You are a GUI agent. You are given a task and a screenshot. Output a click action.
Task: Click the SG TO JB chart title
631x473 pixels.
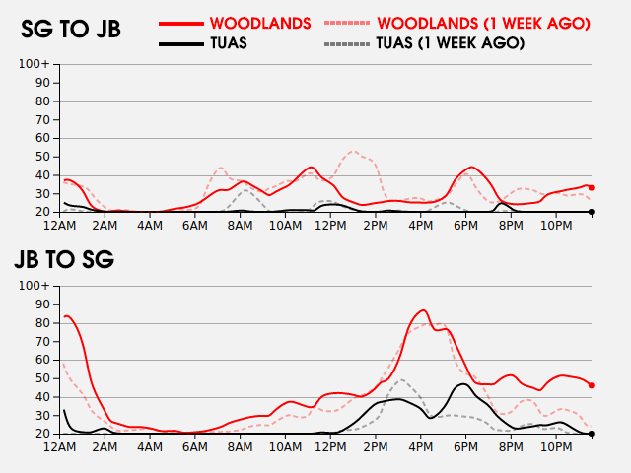(71, 29)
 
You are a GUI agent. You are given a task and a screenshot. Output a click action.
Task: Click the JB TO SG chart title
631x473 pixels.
(64, 259)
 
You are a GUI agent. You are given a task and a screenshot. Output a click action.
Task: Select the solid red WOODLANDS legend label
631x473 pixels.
(260, 24)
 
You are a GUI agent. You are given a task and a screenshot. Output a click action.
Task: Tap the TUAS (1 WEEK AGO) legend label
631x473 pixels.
(451, 43)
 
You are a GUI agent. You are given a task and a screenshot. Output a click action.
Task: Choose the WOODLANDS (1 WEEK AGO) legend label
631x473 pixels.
(483, 24)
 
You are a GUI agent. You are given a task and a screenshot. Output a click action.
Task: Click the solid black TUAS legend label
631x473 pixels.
(229, 43)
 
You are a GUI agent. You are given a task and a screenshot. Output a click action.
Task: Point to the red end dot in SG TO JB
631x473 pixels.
(592, 188)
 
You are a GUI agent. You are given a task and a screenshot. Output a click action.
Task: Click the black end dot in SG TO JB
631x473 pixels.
(592, 212)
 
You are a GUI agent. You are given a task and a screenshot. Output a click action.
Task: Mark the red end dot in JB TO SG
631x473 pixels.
(592, 385)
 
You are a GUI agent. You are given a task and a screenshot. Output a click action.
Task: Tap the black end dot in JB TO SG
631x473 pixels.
(592, 434)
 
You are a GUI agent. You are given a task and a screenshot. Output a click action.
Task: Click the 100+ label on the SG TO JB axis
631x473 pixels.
(34, 64)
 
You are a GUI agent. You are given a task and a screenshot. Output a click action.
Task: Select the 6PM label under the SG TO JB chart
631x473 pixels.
(465, 226)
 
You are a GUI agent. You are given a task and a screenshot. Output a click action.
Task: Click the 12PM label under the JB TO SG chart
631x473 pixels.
(330, 446)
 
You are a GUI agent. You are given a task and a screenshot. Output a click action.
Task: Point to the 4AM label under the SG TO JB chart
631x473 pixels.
(150, 226)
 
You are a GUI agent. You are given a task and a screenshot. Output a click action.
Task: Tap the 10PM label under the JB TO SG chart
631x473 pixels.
(556, 446)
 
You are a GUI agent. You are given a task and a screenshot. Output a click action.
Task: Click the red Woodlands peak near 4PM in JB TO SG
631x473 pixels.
(423, 310)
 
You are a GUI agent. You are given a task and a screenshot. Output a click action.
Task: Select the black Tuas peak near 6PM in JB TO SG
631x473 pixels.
(463, 383)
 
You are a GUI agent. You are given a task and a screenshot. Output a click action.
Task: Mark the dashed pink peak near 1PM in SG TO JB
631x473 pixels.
(353, 151)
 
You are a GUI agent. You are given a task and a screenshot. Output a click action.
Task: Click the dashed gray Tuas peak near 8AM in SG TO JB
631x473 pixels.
(245, 189)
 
